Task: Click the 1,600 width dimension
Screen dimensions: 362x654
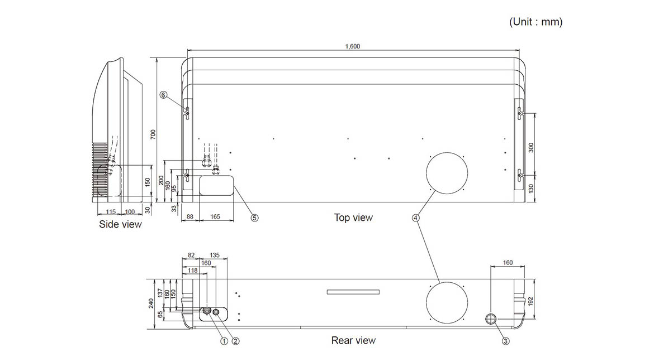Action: tap(353, 46)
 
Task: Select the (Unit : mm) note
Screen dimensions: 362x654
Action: tap(535, 22)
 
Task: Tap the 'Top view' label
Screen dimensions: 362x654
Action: tap(353, 218)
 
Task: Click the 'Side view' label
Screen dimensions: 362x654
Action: tap(120, 224)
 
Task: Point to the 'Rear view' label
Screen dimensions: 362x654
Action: tap(353, 340)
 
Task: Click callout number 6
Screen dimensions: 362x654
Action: tap(163, 95)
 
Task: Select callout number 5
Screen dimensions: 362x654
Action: tap(254, 218)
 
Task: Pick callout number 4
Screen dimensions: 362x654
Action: tap(415, 218)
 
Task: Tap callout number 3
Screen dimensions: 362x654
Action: tap(505, 341)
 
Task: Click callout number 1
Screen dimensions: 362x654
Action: tap(224, 341)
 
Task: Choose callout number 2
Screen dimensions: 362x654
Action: tap(235, 341)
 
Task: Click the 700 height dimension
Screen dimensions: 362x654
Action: tap(153, 134)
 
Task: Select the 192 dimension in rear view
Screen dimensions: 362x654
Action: tap(531, 301)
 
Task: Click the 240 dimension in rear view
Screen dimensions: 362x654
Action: tap(150, 303)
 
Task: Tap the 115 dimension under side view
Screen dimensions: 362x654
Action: tap(111, 212)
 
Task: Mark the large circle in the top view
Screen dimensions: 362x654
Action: tap(446, 172)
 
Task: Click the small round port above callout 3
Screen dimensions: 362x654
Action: tap(491, 318)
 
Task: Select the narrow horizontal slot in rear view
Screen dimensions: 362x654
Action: tap(353, 292)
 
